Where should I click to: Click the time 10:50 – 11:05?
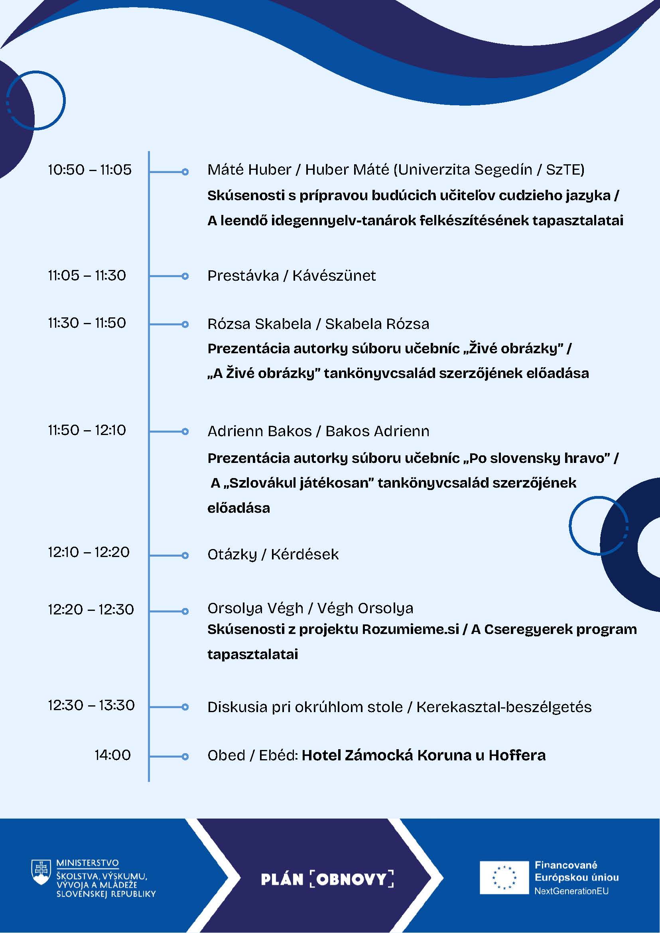[x=90, y=169]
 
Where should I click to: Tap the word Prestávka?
[x=243, y=276]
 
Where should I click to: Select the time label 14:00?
[x=112, y=755]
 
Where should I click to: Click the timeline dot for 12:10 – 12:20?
[x=185, y=555]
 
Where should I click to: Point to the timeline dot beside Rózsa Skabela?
[x=185, y=324]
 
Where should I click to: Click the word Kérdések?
[x=305, y=554]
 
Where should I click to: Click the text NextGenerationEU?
[x=571, y=891]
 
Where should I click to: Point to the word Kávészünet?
[x=334, y=276]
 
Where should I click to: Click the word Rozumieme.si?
[x=410, y=629]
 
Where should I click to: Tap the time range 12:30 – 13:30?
[x=91, y=705]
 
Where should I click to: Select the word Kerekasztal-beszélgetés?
[x=504, y=707]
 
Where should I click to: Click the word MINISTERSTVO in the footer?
[x=87, y=863]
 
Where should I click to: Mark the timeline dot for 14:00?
[x=185, y=757]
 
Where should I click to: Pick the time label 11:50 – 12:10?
[x=87, y=430]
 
